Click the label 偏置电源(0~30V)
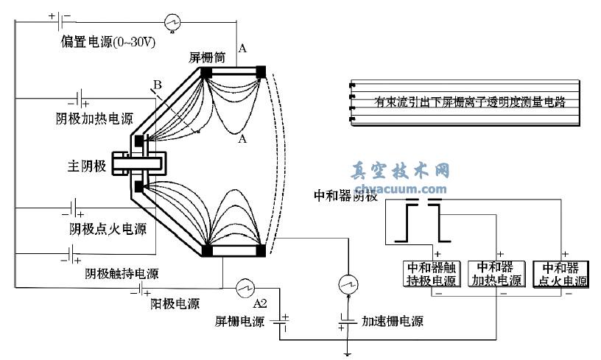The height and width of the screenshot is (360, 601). tap(108, 42)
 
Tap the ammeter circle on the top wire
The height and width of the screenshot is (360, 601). tap(172, 18)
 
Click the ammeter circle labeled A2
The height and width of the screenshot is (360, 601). tap(243, 286)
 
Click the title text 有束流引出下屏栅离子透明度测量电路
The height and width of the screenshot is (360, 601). tap(470, 102)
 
